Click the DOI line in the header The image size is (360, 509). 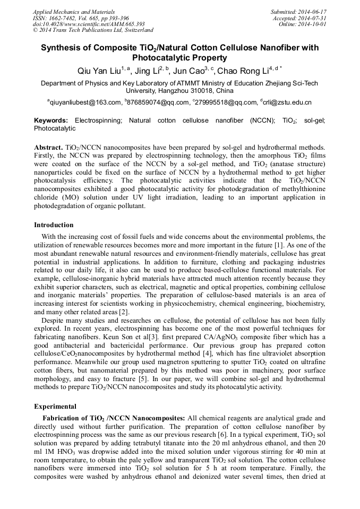pos(89,24)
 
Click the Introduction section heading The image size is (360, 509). pos(54,225)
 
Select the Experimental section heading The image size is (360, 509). pos(55,407)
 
